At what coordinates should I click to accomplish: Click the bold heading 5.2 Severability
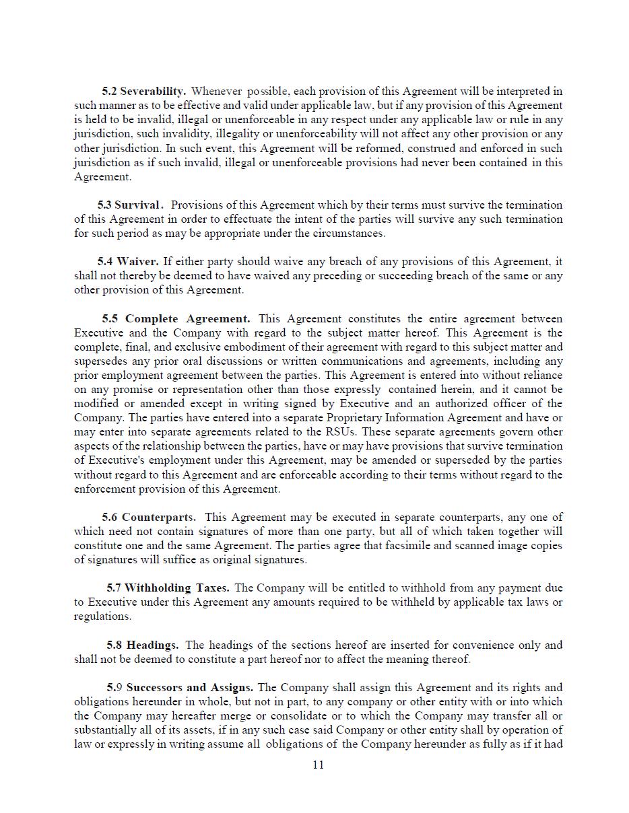pos(144,91)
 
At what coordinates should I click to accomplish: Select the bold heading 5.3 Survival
pos(130,205)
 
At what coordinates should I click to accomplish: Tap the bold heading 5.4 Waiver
pos(128,261)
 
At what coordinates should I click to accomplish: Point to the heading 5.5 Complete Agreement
pos(176,318)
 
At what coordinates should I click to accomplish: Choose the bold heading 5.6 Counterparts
pos(149,517)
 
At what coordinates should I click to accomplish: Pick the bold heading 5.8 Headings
pos(143,645)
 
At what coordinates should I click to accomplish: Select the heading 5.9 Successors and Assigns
pos(180,687)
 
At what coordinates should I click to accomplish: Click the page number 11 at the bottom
pos(319,765)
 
